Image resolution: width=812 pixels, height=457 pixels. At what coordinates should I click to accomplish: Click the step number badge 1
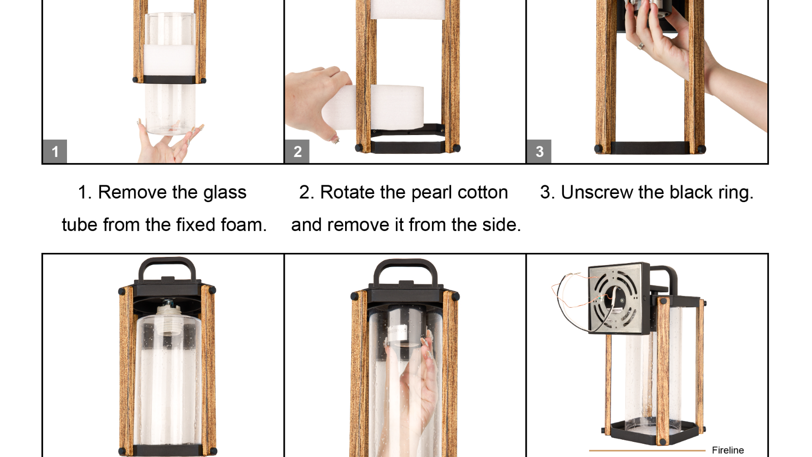55,151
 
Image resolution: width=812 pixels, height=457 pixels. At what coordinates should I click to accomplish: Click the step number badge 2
297,151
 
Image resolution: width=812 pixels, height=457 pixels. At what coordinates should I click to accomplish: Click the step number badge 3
539,151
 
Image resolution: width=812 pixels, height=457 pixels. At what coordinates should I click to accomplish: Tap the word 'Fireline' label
728,450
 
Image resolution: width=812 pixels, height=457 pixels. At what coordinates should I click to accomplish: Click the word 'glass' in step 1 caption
225,192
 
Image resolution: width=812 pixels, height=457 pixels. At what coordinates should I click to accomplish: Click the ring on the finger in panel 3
641,46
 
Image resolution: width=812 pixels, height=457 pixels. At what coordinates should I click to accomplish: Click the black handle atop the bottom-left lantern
167,268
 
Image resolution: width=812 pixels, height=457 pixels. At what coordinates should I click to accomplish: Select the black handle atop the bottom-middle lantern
405,270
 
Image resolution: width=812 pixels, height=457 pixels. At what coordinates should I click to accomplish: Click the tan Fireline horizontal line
648,450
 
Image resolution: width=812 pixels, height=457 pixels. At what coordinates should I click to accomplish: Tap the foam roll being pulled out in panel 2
374,107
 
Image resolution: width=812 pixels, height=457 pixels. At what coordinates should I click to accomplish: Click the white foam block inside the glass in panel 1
170,59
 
